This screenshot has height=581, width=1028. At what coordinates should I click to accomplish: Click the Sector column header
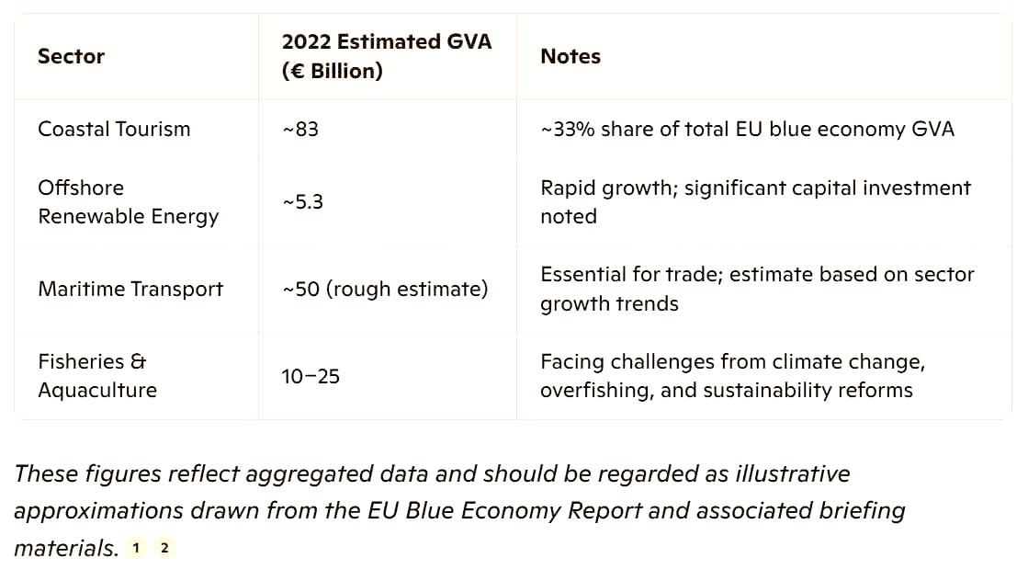[x=71, y=56]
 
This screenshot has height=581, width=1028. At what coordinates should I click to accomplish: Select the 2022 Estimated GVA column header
[x=386, y=56]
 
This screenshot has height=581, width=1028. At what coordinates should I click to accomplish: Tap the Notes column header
[x=570, y=56]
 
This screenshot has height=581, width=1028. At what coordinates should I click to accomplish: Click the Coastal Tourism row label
[x=114, y=129]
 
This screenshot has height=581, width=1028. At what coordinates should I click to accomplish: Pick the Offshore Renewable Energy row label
[x=128, y=201]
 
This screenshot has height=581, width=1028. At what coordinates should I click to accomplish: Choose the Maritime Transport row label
[x=130, y=289]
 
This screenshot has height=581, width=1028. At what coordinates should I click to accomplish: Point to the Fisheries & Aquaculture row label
[x=96, y=375]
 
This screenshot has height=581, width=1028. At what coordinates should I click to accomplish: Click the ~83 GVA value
[x=300, y=129]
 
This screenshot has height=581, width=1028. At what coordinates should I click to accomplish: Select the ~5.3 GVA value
[x=302, y=201]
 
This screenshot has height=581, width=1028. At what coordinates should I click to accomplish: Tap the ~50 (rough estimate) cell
[x=385, y=289]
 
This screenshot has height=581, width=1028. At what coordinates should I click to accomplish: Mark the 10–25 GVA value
[x=311, y=376]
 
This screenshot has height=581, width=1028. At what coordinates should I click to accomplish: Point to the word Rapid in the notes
[x=568, y=188]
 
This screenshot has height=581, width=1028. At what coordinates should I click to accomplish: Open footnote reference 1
[x=136, y=549]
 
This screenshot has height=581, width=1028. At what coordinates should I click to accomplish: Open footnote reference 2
[x=164, y=549]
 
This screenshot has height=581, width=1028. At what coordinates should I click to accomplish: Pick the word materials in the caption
[x=64, y=549]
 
